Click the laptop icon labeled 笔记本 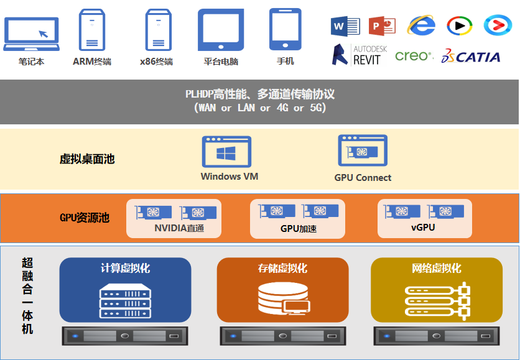coord(31,34)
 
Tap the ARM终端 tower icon coord(92,30)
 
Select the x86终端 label coord(157,62)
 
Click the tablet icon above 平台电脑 coord(221,30)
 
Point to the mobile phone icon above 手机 coord(285,29)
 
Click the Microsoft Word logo coord(345,25)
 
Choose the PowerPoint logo coord(382,25)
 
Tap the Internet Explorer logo coord(420,25)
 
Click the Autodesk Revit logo coord(358,55)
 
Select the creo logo coord(414,56)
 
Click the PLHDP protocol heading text coord(260,95)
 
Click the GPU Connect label coord(363,178)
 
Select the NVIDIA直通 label coord(179,228)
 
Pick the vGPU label coord(423,228)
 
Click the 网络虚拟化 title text coord(436,269)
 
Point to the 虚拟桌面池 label coord(87,159)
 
